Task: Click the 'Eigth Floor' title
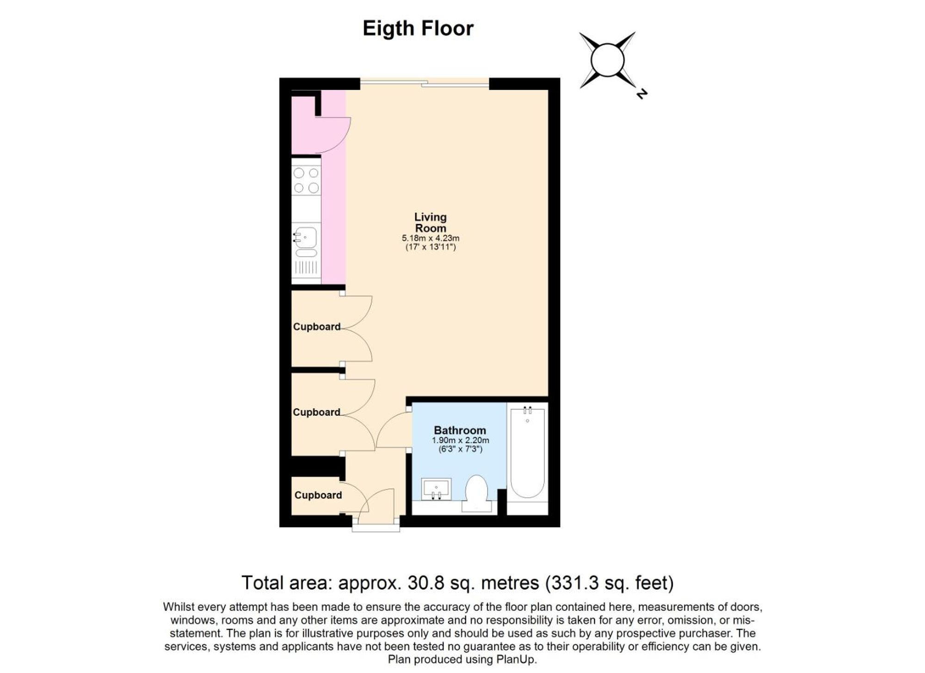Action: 418,29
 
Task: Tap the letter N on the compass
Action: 641,93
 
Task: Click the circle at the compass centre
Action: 607,60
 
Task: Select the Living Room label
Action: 430,222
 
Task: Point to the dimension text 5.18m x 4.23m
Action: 430,238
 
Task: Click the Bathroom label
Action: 460,430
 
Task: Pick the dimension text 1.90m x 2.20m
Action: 460,440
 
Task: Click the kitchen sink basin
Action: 306,237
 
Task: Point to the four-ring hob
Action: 306,180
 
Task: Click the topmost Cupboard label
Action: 316,327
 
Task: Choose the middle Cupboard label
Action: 316,412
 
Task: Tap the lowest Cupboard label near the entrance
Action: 318,495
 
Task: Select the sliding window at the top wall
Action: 424,84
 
